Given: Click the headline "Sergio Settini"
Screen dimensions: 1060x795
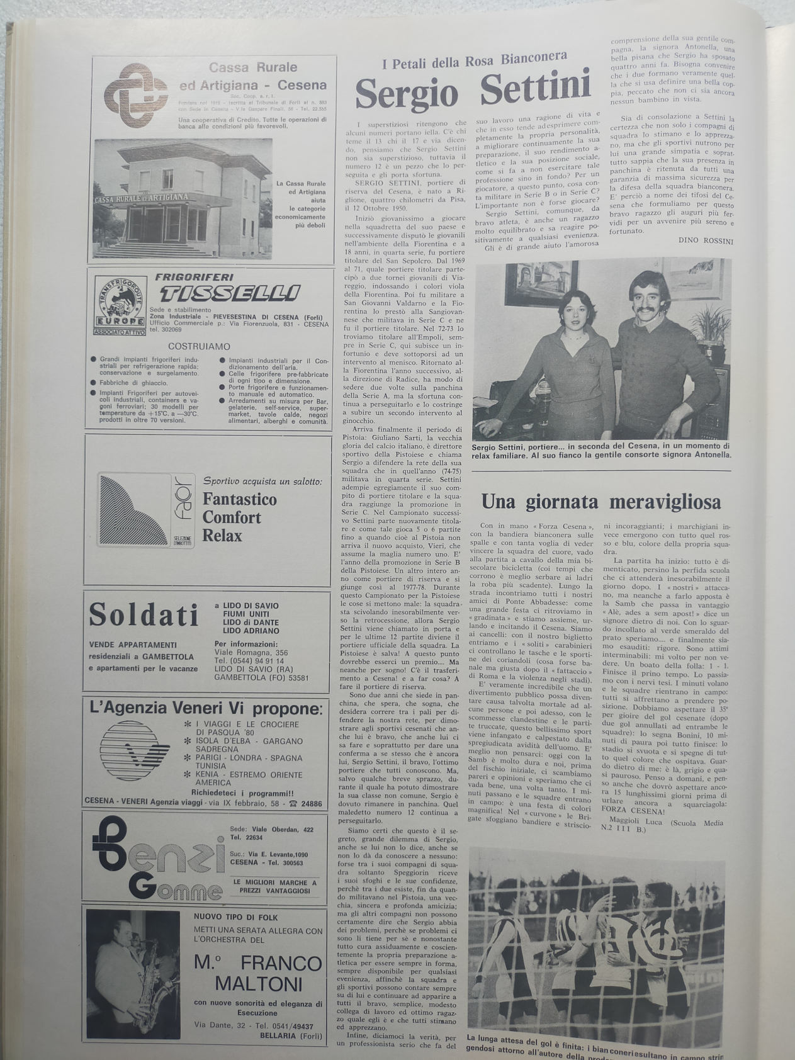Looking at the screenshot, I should pos(473,92).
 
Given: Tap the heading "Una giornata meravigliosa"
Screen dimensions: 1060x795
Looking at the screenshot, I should pos(600,502).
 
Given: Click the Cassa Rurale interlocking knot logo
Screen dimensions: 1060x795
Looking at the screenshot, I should pos(132,94).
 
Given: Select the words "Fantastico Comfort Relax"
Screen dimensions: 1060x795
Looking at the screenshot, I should pos(231,517).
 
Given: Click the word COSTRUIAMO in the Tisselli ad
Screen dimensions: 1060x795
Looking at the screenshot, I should pos(199,346).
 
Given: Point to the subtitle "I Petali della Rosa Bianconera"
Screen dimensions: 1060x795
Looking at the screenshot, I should pos(475,62).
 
